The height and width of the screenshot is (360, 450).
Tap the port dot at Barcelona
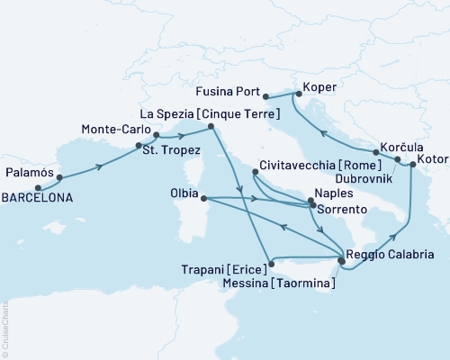(38, 188)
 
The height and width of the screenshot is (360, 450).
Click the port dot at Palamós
(59, 177)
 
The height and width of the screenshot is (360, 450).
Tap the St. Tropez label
(173, 150)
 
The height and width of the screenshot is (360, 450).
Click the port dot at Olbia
(204, 198)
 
